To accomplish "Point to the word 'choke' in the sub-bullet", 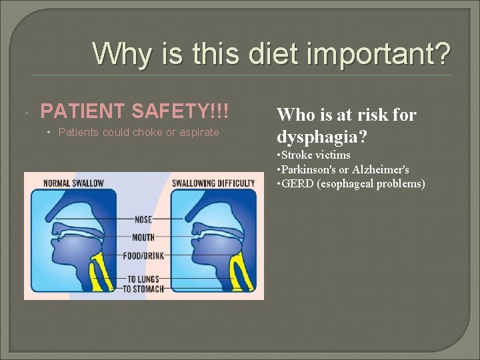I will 150,132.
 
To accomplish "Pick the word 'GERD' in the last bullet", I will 296,183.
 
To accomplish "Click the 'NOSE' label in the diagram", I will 143,219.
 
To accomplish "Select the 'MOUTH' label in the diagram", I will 143,237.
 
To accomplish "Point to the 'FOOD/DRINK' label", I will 143,254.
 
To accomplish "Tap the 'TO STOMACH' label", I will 143,289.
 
